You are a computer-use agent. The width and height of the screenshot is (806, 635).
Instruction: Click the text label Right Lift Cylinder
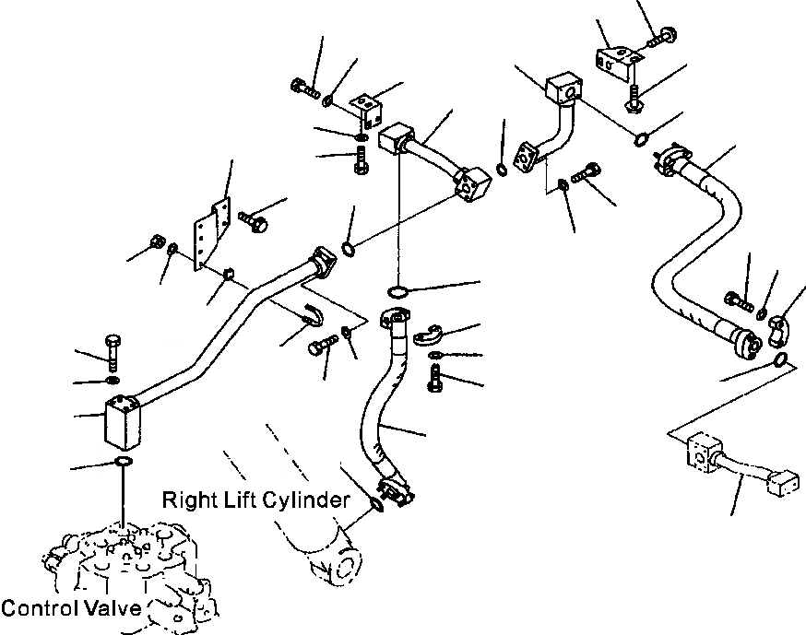(x=256, y=500)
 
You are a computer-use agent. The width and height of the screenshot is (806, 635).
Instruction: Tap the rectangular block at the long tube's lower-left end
(x=123, y=421)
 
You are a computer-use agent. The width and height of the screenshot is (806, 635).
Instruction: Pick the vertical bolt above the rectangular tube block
(x=113, y=352)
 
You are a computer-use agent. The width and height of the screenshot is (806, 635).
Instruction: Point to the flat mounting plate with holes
(x=212, y=233)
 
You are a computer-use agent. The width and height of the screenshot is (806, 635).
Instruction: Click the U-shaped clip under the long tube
(x=312, y=314)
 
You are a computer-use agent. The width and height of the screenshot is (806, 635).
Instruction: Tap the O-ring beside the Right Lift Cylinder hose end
(x=376, y=504)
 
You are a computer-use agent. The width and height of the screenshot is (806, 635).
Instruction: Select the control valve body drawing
(x=128, y=573)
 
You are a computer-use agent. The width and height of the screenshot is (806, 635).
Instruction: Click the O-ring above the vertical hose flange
(x=397, y=292)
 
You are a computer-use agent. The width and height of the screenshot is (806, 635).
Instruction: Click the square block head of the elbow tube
(x=563, y=88)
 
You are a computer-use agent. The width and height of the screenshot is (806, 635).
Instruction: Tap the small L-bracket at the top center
(x=367, y=110)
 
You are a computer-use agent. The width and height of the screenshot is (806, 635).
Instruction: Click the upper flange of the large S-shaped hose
(x=672, y=159)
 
